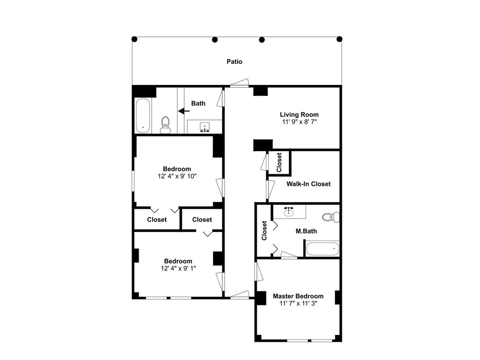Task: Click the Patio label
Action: (235, 61)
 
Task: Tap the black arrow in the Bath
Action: (184, 111)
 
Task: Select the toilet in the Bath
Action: (165, 125)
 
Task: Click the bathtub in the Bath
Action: (143, 115)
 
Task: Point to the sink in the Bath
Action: (204, 127)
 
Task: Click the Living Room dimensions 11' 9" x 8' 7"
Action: (300, 122)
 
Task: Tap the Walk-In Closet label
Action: (309, 184)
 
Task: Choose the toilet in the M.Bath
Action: (331, 217)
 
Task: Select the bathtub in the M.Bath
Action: (323, 249)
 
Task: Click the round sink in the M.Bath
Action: (288, 212)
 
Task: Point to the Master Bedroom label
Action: (298, 296)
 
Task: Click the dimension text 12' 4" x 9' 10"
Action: (177, 176)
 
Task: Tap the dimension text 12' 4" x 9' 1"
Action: (178, 268)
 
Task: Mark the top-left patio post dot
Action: (134, 39)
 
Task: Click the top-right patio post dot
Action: (339, 39)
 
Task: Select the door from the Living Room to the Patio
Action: (240, 83)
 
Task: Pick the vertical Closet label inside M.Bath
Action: (264, 230)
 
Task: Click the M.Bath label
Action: (306, 231)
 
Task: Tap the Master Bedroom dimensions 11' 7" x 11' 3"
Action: (299, 304)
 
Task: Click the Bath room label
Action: (198, 104)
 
